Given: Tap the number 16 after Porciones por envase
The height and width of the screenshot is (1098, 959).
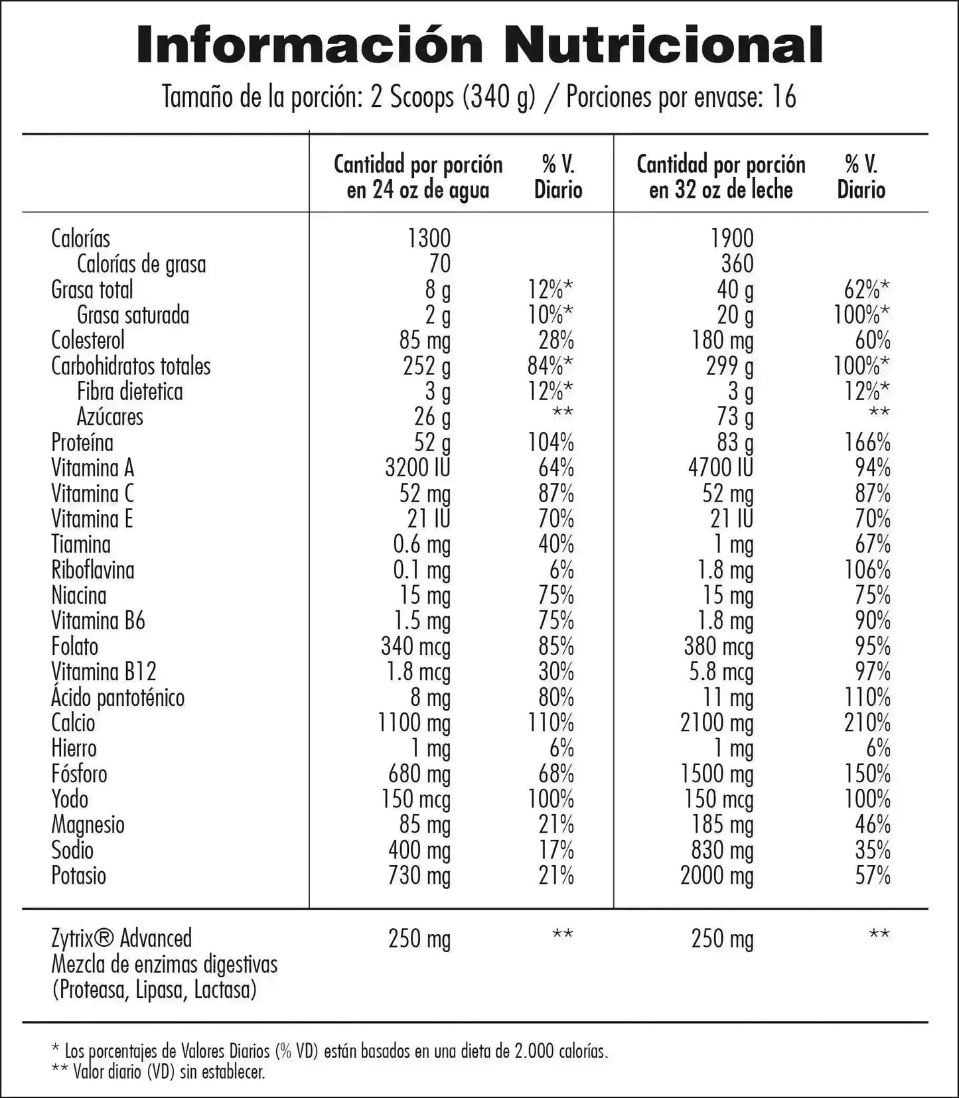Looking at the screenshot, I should click(784, 97).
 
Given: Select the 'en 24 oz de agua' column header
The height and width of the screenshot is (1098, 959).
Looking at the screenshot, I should click(417, 190).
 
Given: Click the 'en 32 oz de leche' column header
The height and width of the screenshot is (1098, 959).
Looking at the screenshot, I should click(721, 190).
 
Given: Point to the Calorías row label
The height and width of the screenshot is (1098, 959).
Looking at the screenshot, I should click(80, 239).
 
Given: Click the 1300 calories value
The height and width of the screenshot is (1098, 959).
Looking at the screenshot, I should click(429, 239).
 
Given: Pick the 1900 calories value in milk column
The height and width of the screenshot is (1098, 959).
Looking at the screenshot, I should click(732, 239).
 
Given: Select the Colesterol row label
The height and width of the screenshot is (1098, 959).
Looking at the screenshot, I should click(88, 340).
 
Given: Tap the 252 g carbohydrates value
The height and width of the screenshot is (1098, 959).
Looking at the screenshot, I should click(427, 366).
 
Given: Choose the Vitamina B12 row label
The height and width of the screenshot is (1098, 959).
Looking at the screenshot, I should click(104, 671).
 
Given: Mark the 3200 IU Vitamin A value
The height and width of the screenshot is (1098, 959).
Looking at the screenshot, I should click(417, 468).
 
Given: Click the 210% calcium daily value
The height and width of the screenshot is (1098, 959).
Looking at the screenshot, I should click(867, 722).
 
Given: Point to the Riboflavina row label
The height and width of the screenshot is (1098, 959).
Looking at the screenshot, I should click(92, 570).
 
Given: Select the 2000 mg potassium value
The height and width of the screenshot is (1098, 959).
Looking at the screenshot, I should click(717, 876).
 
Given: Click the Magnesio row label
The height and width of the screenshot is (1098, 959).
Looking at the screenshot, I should click(88, 825).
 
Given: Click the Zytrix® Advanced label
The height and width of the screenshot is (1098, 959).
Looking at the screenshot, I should click(121, 939).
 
